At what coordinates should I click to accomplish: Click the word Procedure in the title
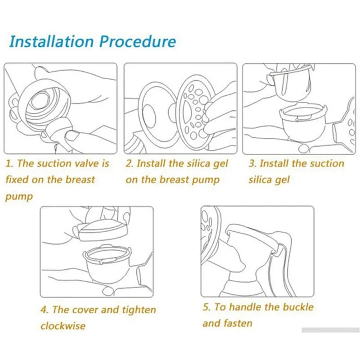point(138,41)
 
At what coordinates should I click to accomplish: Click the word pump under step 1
point(19,196)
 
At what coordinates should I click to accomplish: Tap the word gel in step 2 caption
point(220,163)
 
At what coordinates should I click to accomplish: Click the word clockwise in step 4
point(63,326)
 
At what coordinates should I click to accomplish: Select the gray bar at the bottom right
point(330,330)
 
